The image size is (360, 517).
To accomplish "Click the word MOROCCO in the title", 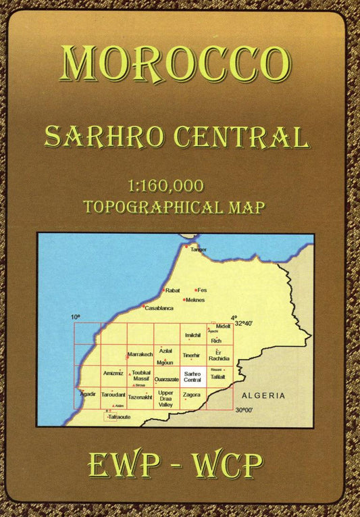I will [180, 65].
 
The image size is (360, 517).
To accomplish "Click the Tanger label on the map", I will [199, 250].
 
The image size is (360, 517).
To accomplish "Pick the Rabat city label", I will [173, 290].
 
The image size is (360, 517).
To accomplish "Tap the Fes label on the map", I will [202, 290].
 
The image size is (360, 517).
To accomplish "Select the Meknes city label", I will [195, 299].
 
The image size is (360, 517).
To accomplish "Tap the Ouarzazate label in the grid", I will [166, 380].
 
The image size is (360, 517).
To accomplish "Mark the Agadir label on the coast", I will [88, 393].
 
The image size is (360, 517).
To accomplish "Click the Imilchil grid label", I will [192, 335].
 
